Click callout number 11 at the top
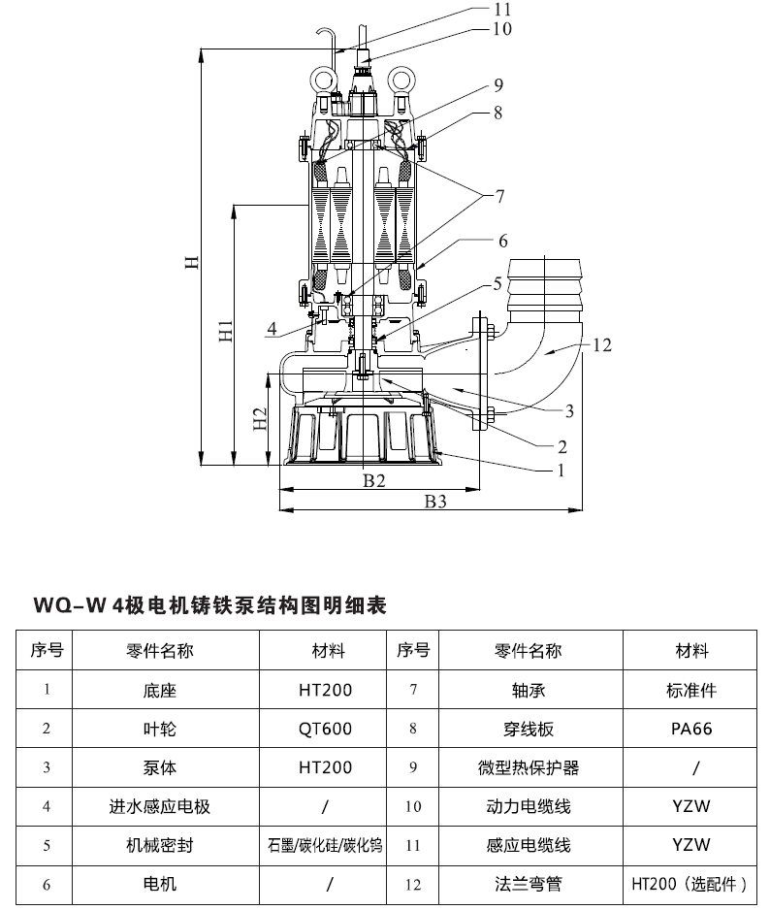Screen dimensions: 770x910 502,10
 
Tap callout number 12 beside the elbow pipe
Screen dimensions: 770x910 601,345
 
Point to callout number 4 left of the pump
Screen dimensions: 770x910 272,329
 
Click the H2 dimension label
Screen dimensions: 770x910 261,418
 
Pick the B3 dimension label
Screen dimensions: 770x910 435,501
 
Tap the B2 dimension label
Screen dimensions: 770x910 374,480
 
